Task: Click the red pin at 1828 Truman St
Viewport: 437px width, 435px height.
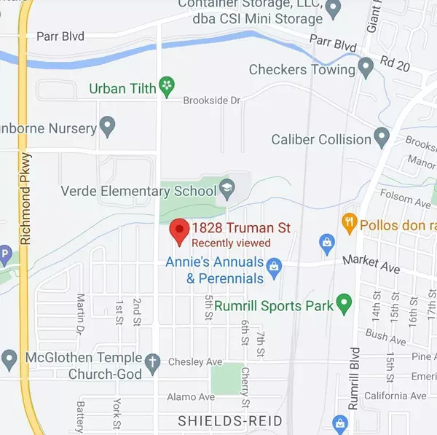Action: pos(178,231)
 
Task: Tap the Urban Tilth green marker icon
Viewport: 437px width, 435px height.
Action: pos(168,87)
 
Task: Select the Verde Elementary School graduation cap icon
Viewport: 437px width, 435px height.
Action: pos(227,190)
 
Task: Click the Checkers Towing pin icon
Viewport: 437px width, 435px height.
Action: pos(366,70)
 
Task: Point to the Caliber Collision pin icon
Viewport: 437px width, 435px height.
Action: pos(382,136)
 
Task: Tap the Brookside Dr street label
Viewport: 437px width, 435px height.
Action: pos(211,101)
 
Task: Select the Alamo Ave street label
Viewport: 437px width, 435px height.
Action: pos(192,396)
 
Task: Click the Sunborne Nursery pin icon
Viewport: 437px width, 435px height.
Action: pos(108,129)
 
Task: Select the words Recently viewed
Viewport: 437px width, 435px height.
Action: pos(231,243)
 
